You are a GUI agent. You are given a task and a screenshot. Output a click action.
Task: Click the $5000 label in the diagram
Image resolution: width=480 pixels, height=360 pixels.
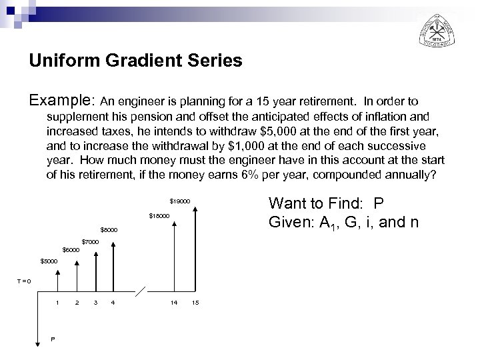pos(49,261)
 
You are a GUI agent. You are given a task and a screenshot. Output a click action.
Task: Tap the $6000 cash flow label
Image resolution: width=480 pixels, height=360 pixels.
pos(71,250)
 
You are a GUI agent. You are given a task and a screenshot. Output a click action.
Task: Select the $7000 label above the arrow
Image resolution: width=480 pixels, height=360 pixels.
pos(89,241)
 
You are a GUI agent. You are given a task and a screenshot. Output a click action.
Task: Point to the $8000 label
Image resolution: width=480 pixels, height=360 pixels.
pos(109,230)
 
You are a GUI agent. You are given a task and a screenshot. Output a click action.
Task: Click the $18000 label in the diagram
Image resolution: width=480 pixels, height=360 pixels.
pos(159,215)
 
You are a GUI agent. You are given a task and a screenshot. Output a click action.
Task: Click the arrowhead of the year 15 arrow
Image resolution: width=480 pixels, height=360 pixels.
pos(195,209)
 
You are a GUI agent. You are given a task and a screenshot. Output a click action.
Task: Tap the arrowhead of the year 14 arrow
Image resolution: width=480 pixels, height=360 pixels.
pos(174,224)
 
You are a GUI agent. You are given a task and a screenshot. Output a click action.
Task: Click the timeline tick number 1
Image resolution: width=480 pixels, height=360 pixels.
pos(57,303)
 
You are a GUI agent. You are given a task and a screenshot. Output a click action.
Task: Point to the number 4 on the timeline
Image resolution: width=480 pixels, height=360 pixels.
pos(113,303)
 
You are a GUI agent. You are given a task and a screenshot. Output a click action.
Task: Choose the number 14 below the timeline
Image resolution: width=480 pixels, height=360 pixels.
pos(174,303)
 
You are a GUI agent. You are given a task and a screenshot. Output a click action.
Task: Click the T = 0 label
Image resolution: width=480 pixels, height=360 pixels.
pos(23,281)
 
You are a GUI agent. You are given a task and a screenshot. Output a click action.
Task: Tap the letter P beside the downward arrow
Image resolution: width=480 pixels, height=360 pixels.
pos(53,339)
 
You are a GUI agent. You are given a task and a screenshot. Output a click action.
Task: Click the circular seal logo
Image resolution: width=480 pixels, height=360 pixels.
pos(437,29)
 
